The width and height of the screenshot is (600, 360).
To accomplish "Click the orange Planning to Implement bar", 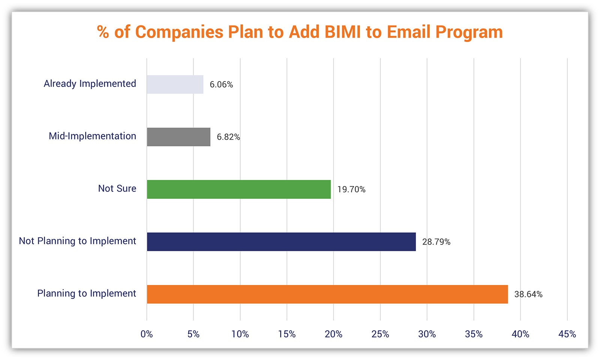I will click(327, 294).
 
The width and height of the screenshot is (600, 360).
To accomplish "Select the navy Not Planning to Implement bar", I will click(281, 241).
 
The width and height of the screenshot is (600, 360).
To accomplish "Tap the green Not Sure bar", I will click(238, 189).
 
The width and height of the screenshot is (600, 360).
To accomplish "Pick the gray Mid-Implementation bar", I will click(178, 136).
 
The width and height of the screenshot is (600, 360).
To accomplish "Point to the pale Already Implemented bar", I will click(175, 84).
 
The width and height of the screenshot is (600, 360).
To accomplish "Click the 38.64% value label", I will click(528, 294).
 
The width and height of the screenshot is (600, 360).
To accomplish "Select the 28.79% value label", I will click(436, 242).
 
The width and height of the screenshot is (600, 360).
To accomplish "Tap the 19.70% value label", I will click(351, 189).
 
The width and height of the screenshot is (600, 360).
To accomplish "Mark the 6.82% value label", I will click(228, 137).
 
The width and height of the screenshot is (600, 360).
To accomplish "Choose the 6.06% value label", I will click(221, 84).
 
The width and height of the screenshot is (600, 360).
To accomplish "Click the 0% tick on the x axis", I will click(147, 334).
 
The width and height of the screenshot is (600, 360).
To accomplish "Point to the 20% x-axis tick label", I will click(333, 334).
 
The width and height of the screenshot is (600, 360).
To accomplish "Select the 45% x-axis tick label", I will click(567, 334).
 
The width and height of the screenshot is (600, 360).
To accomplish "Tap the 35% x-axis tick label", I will click(474, 334).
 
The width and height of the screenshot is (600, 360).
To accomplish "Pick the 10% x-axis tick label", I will click(240, 334).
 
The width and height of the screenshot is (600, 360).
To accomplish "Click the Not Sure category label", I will click(117, 188).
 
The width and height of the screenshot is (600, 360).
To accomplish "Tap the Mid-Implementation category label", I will click(92, 136).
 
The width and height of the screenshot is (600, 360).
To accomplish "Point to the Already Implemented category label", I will click(90, 83).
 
